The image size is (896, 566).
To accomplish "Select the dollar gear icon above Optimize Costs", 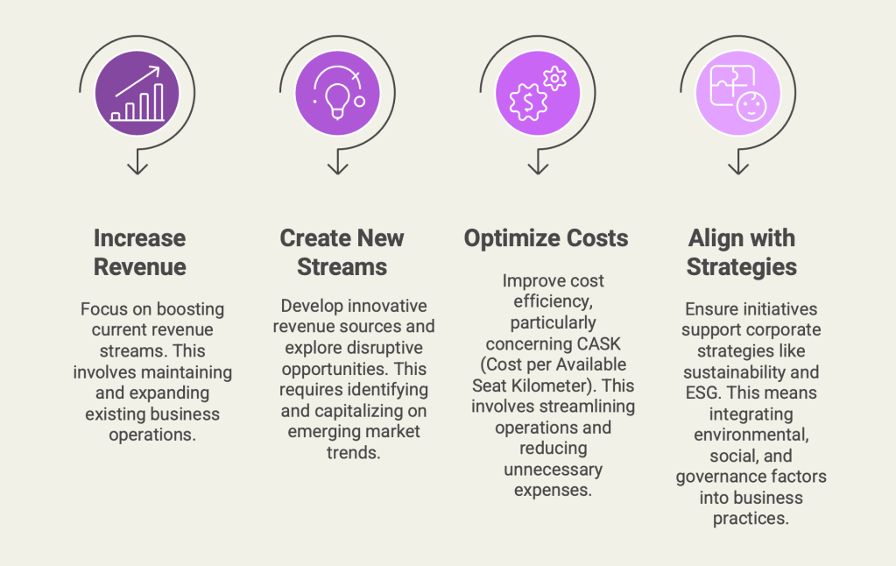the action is pos(528,102).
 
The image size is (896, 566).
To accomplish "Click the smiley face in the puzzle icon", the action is pos(751,106).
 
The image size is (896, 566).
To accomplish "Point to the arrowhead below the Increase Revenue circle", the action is pos(138,168).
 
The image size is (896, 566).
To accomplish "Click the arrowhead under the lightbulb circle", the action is pos(338,168).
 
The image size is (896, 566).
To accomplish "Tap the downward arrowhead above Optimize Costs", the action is pos(539,168).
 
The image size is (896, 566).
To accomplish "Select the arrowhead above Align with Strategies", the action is pos(738,168).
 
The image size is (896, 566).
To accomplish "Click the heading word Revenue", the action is pos(140,267).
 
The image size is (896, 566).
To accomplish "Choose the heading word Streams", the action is pos(342,267).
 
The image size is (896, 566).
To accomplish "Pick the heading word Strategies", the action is pos(742,267).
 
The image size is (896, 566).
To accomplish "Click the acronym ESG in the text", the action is pos(702,393).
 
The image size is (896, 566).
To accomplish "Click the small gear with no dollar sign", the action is pos(554,78).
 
